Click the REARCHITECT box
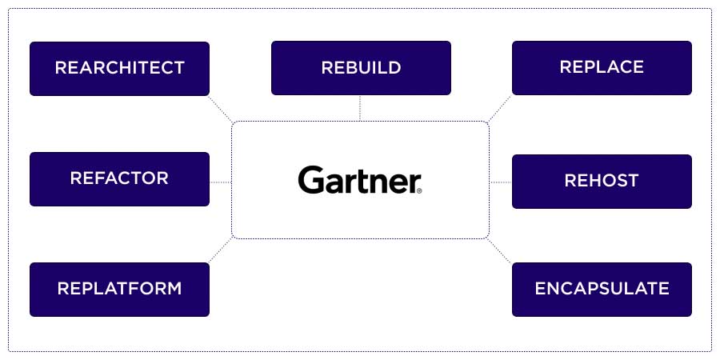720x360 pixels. click(119, 68)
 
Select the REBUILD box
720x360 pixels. click(361, 68)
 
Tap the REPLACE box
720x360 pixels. click(602, 67)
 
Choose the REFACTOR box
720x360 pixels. click(119, 178)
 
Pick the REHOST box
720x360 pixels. click(602, 181)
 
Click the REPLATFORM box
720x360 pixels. click(119, 289)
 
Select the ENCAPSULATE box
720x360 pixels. click(602, 289)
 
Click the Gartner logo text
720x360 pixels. click(358, 180)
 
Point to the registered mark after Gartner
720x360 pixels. click(418, 190)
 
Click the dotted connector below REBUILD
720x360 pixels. click(361, 108)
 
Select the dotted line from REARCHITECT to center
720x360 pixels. click(221, 110)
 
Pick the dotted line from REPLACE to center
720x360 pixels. click(500, 109)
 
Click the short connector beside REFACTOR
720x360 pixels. click(221, 182)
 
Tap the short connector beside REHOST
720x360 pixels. click(500, 182)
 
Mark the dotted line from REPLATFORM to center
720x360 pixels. click(221, 250)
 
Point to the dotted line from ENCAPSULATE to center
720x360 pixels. click(500, 250)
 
